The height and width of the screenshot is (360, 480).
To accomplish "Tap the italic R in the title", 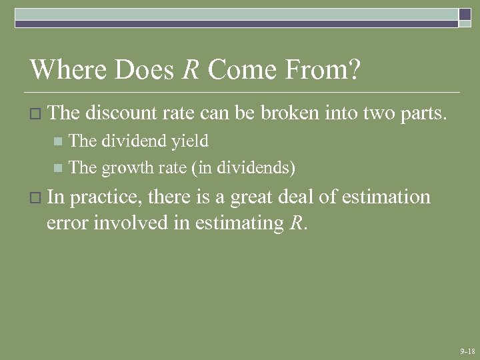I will (191, 70).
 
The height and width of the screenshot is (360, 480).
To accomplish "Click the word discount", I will (121, 113).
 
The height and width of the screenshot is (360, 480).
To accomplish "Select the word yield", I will (189, 141).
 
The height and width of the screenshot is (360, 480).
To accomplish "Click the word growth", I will (125, 168).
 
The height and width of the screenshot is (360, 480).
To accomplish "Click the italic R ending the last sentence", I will (297, 223).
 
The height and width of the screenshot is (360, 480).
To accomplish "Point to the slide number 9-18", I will (467, 351).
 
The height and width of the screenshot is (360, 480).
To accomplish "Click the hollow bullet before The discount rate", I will (37, 114).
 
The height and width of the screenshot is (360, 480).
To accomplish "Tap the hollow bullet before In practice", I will (37, 198).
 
